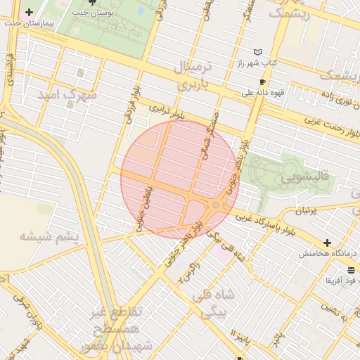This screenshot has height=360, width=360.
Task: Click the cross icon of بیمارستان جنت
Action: click(x=29, y=13)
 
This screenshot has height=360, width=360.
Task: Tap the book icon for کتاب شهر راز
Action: click(x=257, y=52)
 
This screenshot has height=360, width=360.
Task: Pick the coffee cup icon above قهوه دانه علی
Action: click(x=262, y=82)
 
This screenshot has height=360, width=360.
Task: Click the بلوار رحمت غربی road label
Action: click(x=330, y=129)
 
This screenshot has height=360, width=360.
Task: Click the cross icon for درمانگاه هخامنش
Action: click(x=326, y=243)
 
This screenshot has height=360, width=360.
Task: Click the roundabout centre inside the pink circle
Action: click(x=215, y=205)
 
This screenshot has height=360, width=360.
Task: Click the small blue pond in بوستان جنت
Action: click(x=141, y=11)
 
